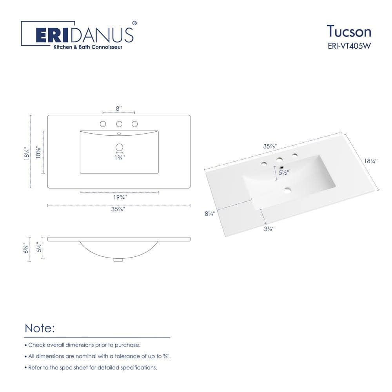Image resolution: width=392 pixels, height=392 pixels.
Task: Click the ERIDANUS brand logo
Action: [x=84, y=34]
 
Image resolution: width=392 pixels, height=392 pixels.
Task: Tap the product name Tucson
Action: [x=349, y=31]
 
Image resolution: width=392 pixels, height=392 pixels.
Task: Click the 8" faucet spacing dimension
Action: [x=119, y=107]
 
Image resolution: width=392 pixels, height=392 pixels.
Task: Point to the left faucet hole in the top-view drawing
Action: [x=103, y=124]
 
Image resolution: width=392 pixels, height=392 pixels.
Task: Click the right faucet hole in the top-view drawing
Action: [x=135, y=124]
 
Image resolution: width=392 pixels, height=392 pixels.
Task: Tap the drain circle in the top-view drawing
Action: [x=119, y=147]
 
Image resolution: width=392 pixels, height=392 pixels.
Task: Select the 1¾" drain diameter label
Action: [x=119, y=158]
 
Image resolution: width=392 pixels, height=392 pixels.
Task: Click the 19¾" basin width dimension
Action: [x=119, y=198]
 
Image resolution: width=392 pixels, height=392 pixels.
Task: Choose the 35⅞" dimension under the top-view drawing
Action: [x=119, y=210]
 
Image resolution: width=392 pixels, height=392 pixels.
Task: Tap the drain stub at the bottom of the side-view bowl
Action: [x=118, y=259]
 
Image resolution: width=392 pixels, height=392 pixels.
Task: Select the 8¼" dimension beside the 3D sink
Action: [x=210, y=214]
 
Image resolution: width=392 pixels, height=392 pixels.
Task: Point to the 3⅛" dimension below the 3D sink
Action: [x=268, y=230]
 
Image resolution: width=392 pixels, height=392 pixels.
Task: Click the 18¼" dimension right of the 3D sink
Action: [x=371, y=161]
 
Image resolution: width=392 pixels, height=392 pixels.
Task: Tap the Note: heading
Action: [x=40, y=328]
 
